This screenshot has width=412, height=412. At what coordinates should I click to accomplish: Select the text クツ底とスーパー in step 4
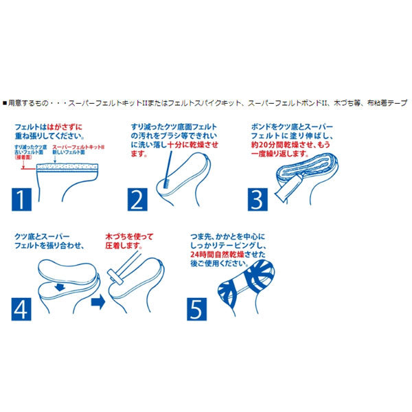(43, 236)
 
